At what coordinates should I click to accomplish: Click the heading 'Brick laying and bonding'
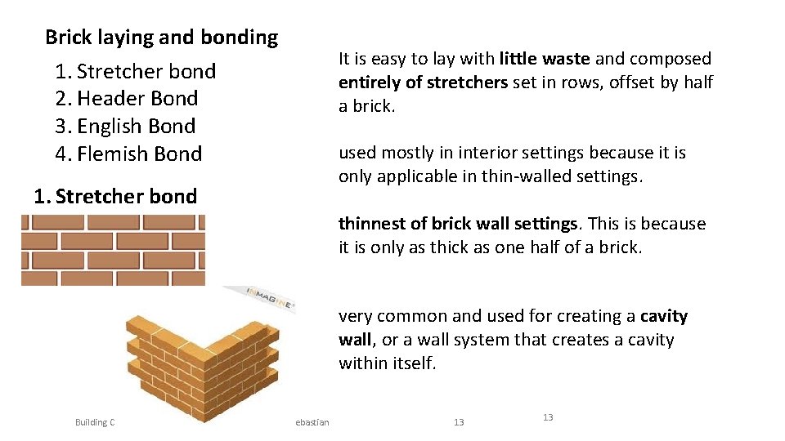point(161,38)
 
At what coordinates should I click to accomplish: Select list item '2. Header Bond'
point(127,99)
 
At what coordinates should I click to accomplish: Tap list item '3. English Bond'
point(125,127)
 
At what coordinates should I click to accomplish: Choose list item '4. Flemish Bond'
point(128,154)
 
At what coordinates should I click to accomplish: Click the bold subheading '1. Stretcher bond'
point(115,197)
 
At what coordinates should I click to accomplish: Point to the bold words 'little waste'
point(545,59)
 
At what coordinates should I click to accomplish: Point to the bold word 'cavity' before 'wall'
point(664,316)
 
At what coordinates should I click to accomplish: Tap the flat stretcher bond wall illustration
point(113,250)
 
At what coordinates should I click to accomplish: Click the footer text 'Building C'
point(95,422)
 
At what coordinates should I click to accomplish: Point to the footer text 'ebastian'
point(312,422)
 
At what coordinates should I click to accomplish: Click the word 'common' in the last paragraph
point(410,316)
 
